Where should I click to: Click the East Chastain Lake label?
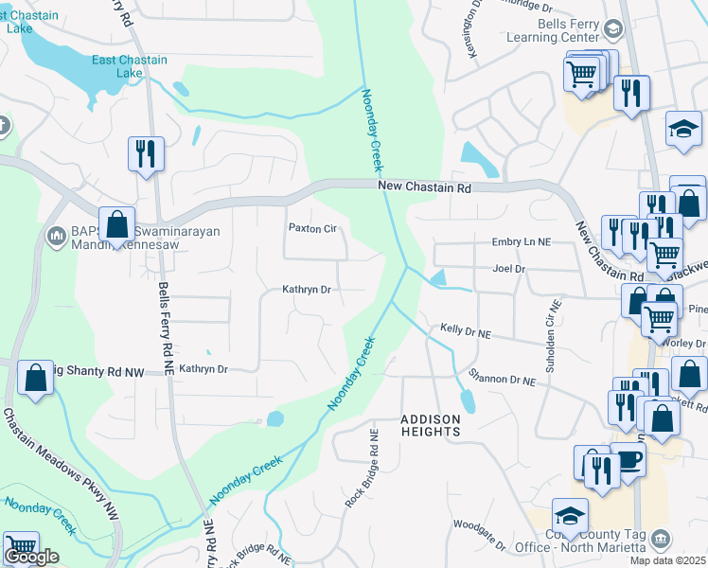pyautogui.click(x=129, y=66)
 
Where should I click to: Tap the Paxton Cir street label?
pyautogui.click(x=312, y=228)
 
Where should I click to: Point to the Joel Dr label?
pyautogui.click(x=508, y=269)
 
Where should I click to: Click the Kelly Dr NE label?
pyautogui.click(x=466, y=332)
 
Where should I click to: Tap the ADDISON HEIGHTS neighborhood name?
pyautogui.click(x=431, y=425)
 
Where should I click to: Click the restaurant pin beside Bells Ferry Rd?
pyautogui.click(x=146, y=153)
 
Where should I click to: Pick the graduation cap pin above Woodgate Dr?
pyautogui.click(x=570, y=517)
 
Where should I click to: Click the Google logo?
pyautogui.click(x=31, y=557)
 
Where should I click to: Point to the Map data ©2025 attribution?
pyautogui.click(x=667, y=560)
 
